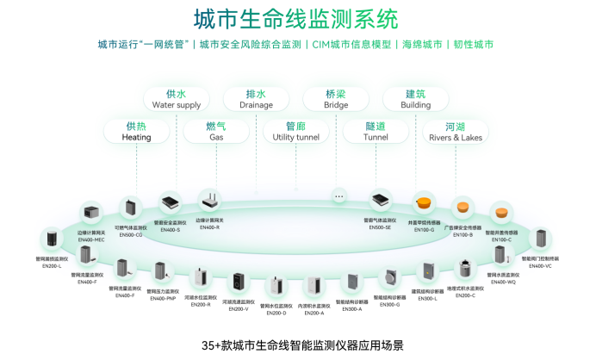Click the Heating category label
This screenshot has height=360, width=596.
pyautogui.click(x=137, y=131)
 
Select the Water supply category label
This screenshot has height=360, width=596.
pyautogui.click(x=176, y=99)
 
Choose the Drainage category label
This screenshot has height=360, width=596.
pyautogui.click(x=256, y=99)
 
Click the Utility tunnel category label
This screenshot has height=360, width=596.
pyautogui.click(x=295, y=131)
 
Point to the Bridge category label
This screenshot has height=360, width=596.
pyautogui.click(x=336, y=99)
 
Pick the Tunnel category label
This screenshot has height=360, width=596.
pyautogui.click(x=376, y=131)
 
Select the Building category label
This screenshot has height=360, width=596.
pyautogui.click(x=416, y=99)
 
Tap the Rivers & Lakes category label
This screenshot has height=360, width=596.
pyautogui.click(x=456, y=131)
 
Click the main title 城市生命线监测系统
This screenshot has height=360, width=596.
pyautogui.click(x=296, y=18)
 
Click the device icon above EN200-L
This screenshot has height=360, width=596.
pyautogui.click(x=53, y=239)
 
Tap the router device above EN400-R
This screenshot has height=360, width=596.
pyautogui.click(x=207, y=201)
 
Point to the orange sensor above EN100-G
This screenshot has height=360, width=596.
pyautogui.click(x=425, y=205)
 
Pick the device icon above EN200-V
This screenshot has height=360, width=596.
pyautogui.click(x=239, y=282)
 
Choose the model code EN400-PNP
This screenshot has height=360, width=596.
pyautogui.click(x=161, y=297)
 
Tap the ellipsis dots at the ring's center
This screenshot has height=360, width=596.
pyautogui.click(x=339, y=197)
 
